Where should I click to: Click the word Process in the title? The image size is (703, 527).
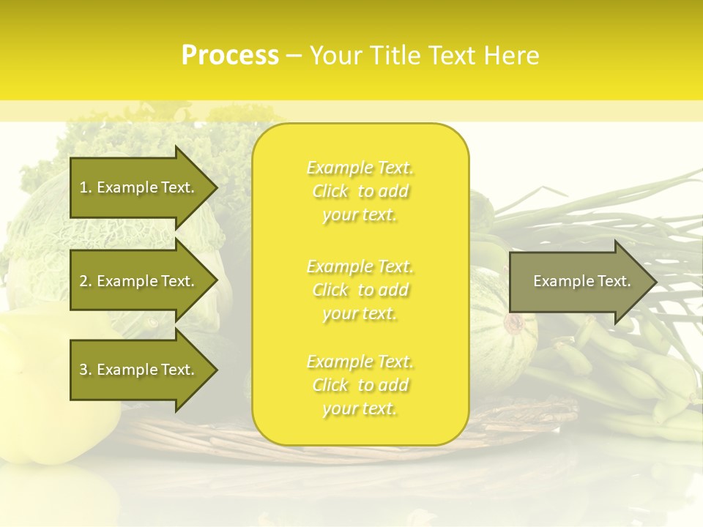click(230, 56)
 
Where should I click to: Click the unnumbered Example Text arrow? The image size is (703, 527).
click(579, 281)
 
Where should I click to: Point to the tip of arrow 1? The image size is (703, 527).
click(216, 187)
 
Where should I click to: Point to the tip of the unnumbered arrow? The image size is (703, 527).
click(655, 282)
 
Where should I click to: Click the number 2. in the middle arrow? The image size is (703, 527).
click(85, 281)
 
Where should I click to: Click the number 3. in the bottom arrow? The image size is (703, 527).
click(85, 370)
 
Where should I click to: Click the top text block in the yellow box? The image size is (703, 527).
click(360, 191)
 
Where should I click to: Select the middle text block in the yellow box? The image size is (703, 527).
click(360, 290)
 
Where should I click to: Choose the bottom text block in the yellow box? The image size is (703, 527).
click(360, 385)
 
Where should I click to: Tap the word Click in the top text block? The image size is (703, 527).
click(330, 192)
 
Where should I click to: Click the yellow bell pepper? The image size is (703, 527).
click(44, 395)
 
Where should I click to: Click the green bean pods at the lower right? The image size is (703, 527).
click(630, 381)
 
